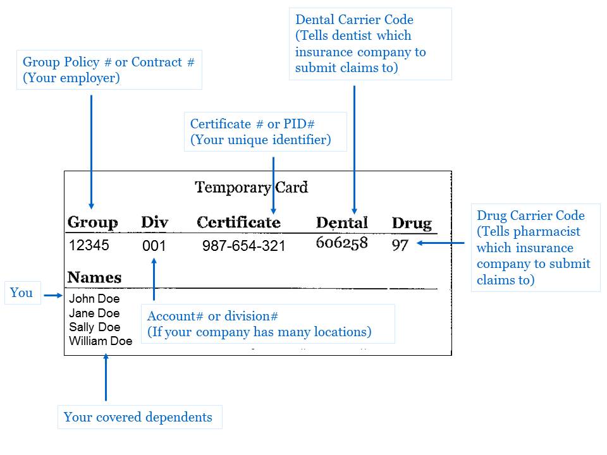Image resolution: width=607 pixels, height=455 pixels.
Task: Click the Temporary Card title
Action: pos(251,188)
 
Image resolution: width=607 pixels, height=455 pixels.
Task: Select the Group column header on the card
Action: pos(92,222)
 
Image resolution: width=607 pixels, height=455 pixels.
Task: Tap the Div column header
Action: pos(154,222)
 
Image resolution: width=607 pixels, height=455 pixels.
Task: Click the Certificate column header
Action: pos(238,222)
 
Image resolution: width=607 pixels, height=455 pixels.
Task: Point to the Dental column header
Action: pos(341,222)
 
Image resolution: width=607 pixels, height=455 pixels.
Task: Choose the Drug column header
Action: pos(412,223)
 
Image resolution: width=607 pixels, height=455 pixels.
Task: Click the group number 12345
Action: pos(89,245)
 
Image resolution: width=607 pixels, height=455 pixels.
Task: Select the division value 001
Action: pos(154,246)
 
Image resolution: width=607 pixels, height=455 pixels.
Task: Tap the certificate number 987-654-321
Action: pos(243,246)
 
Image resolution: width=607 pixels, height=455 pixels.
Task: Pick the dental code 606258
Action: pos(341,243)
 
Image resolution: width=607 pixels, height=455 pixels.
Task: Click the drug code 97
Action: pos(400,245)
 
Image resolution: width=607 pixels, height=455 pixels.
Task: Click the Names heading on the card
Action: pos(94,277)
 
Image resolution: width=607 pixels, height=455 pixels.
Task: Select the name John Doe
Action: pos(94,299)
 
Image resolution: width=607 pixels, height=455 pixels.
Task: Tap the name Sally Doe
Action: pos(94,327)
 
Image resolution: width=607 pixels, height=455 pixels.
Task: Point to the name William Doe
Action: pos(101,341)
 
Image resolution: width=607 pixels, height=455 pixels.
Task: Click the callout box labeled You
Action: pos(22,293)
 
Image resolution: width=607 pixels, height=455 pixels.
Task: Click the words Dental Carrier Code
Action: pos(354,20)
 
